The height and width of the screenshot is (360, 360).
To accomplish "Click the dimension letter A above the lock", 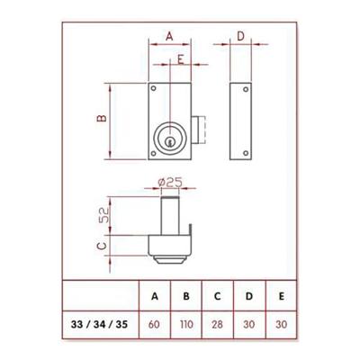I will [x=169, y=36].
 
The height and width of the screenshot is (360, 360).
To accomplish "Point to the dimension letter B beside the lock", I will [x=103, y=119].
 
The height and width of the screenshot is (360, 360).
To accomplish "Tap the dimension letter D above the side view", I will [x=241, y=36].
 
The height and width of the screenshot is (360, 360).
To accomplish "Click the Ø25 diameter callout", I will [x=170, y=183].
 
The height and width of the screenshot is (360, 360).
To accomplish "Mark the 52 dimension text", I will [x=103, y=215].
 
